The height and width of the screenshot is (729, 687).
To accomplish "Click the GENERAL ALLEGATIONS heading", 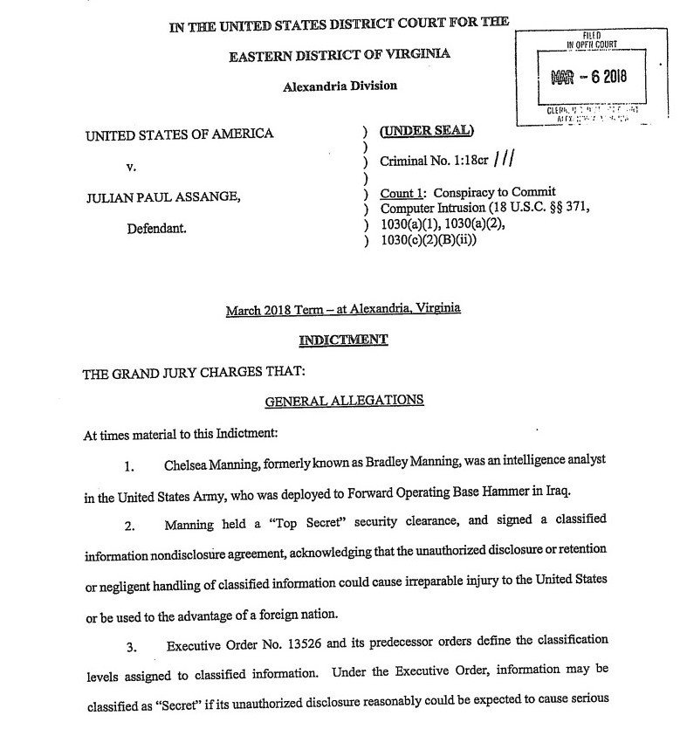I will [343, 400].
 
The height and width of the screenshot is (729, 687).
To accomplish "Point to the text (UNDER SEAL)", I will [428, 132].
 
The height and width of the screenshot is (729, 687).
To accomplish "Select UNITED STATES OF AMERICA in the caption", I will [178, 134].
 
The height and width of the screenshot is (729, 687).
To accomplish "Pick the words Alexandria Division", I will [340, 86].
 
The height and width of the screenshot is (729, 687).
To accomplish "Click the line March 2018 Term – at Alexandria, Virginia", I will [343, 309].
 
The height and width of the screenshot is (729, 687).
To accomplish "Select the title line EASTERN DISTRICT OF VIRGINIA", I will [340, 55].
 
